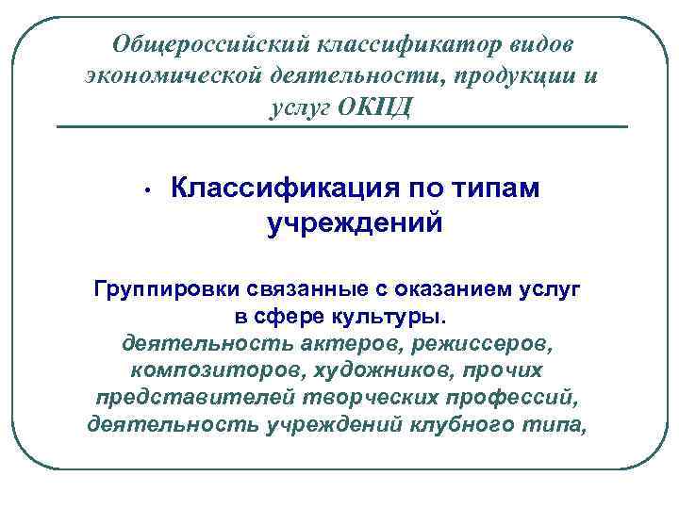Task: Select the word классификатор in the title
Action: tap(399, 44)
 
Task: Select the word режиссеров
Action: tap(472, 341)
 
